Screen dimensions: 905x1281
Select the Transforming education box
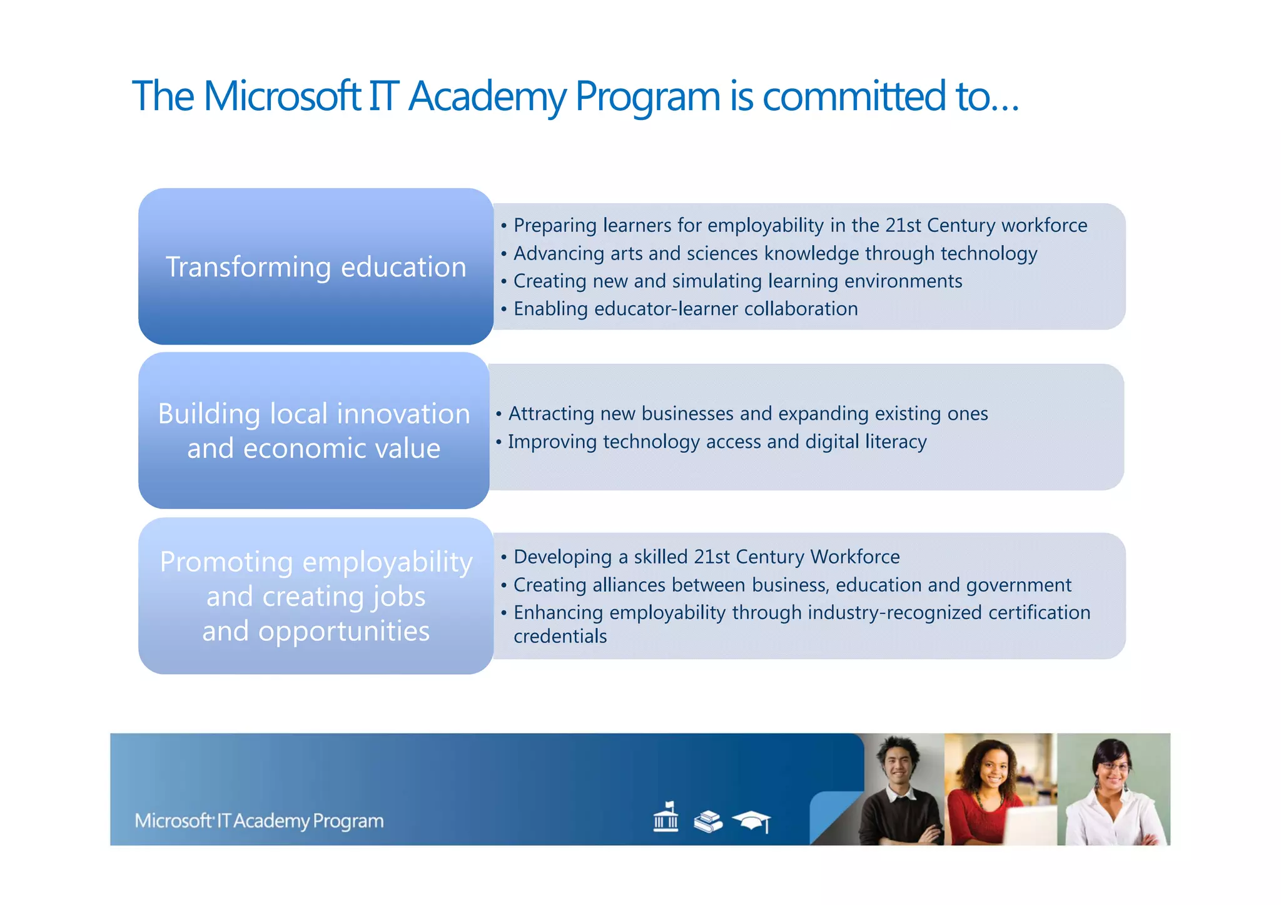pos(316,266)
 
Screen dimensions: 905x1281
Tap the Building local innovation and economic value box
pos(314,430)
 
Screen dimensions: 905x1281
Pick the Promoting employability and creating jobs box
pos(316,595)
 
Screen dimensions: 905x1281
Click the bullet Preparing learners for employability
pos(800,225)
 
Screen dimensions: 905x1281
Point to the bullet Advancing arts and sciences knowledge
pos(775,253)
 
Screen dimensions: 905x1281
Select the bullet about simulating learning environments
pos(737,281)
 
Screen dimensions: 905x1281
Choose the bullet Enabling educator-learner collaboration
pos(686,308)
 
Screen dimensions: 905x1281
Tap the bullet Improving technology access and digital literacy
pos(717,442)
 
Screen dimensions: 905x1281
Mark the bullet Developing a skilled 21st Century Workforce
pos(706,557)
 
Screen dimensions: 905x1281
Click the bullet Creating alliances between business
pos(792,585)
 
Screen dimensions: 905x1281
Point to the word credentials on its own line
pos(560,636)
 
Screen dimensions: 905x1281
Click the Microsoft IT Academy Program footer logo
pos(259,821)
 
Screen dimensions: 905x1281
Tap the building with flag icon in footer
pos(666,817)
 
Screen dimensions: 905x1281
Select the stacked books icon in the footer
pos(708,821)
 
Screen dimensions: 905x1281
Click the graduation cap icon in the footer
pos(752,821)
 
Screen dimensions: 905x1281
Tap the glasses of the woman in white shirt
pos(1114,766)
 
